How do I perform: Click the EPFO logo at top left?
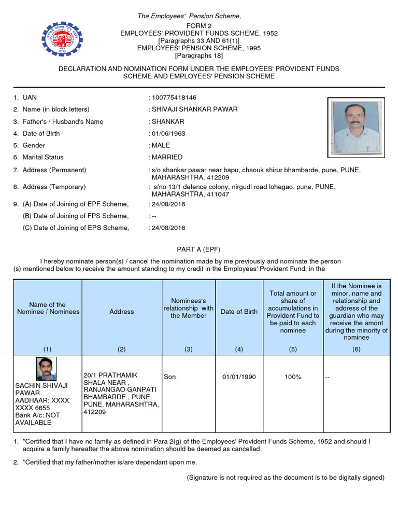tap(63, 37)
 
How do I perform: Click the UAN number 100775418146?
tap(173, 97)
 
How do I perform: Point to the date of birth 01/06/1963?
tap(168, 133)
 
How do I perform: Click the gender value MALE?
tap(161, 145)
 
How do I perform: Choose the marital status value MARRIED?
tap(167, 157)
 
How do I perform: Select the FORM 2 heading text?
tap(199, 26)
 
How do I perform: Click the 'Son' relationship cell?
tap(169, 376)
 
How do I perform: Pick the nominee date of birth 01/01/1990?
tap(239, 376)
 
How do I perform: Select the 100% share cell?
tap(293, 376)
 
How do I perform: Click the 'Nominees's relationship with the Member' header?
tap(189, 308)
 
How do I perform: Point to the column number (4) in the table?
tap(239, 349)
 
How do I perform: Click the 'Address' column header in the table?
tap(122, 312)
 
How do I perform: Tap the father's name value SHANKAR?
tap(167, 121)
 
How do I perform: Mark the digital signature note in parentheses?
tap(286, 477)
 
